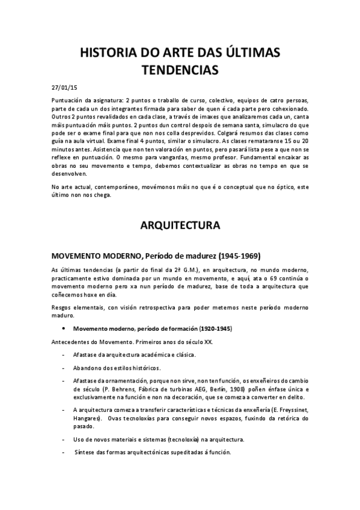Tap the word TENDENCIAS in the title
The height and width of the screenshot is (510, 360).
tap(180, 70)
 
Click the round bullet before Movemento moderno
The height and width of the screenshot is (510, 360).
tap(64, 330)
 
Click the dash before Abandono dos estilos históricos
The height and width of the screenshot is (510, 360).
tap(64, 367)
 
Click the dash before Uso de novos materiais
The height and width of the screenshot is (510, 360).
tap(64, 439)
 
